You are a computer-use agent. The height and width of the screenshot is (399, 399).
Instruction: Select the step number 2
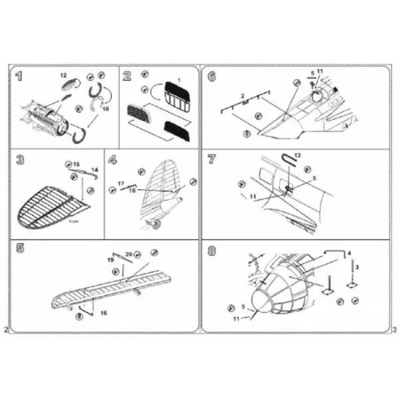(128, 76)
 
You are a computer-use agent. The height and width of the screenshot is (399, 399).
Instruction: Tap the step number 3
(20, 160)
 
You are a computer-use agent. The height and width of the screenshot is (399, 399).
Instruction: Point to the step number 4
(112, 160)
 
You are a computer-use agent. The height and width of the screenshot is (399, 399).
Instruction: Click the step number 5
(20, 249)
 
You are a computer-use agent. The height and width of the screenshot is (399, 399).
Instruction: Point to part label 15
(77, 164)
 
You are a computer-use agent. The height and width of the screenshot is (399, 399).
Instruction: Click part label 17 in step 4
(121, 184)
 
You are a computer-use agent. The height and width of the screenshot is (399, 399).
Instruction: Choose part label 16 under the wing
(104, 312)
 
